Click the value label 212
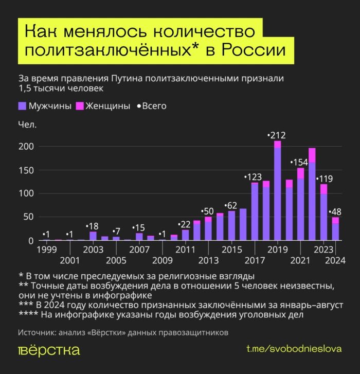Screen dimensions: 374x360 (278, 135)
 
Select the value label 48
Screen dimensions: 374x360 (337, 211)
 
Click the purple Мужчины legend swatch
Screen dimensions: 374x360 (22, 106)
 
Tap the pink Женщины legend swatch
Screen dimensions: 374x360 (80, 106)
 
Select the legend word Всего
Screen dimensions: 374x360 (154, 106)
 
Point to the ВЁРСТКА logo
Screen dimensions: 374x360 (49, 350)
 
